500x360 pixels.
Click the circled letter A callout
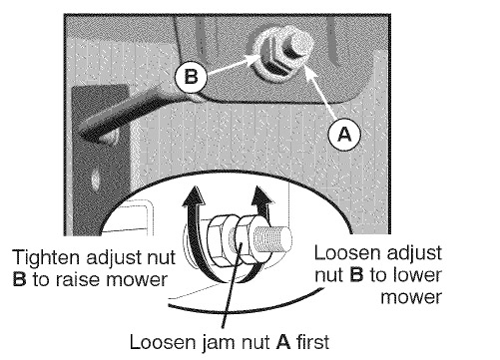coord(344,135)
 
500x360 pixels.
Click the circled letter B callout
coord(191,77)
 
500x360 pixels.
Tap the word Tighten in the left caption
coord(47,258)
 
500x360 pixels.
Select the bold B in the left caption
coord(19,279)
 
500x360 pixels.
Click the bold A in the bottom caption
coord(283,342)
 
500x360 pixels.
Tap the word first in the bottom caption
coord(312,342)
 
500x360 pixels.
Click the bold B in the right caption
coord(356,275)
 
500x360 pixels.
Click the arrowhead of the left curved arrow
coord(194,195)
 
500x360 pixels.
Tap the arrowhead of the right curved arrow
coord(262,195)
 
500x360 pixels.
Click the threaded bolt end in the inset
coord(272,238)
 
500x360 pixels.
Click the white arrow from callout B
coord(230,64)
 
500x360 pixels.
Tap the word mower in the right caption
coord(411,297)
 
